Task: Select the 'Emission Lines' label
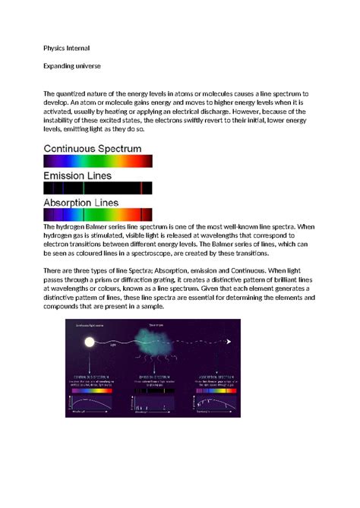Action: pos(79,175)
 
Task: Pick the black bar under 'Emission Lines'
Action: pos(99,188)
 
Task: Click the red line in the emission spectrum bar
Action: pos(141,188)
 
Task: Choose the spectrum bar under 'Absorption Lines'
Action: pos(99,215)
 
